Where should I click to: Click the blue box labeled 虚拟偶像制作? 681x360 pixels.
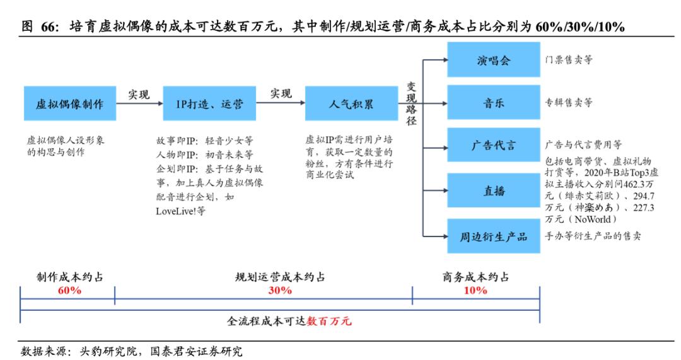pos(69,103)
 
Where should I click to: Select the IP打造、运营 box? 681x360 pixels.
pos(209,103)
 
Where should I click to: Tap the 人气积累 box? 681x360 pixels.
pos(351,103)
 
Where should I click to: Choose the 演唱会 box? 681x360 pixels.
pos(494,60)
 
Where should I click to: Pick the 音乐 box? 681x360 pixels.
pos(494,103)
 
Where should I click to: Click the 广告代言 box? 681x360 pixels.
pos(494,145)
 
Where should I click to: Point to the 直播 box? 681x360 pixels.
pos(494,191)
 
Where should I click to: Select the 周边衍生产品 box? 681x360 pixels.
pos(494,237)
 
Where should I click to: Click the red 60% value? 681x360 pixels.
pos(69,291)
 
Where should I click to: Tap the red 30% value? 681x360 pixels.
pos(280,291)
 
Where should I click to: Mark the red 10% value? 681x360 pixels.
pos(475,291)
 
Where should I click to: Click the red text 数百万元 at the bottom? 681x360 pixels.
pos(329,322)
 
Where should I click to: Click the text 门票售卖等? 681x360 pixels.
pos(569,60)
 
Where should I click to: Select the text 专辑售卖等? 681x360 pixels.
pos(569,103)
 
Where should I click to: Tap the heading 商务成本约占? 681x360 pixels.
pos(475,277)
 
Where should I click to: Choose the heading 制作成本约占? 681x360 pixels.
pos(69,277)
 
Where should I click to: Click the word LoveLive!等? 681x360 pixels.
pos(180,211)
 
